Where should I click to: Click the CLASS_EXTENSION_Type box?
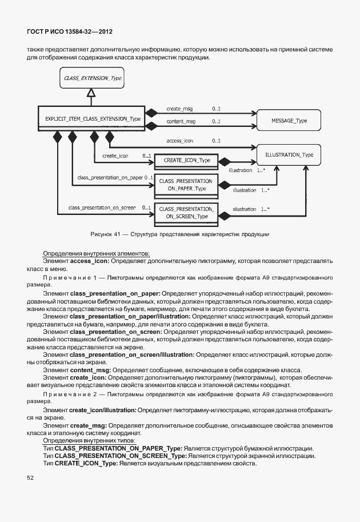(x=93, y=78)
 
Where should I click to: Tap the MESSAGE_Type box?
(x=289, y=121)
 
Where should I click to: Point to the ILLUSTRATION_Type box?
(x=289, y=155)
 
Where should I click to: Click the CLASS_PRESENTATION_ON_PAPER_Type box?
(x=186, y=185)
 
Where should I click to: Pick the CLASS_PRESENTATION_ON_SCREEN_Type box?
(x=186, y=213)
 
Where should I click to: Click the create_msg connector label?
(x=181, y=108)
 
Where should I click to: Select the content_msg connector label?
(x=181, y=122)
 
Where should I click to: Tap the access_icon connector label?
(x=179, y=140)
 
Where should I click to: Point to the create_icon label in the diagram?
(x=115, y=156)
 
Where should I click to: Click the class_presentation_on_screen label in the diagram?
(x=102, y=207)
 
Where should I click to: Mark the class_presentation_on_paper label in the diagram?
(x=110, y=178)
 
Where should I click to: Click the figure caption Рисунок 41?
(x=179, y=234)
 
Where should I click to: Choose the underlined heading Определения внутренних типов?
(x=89, y=440)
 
